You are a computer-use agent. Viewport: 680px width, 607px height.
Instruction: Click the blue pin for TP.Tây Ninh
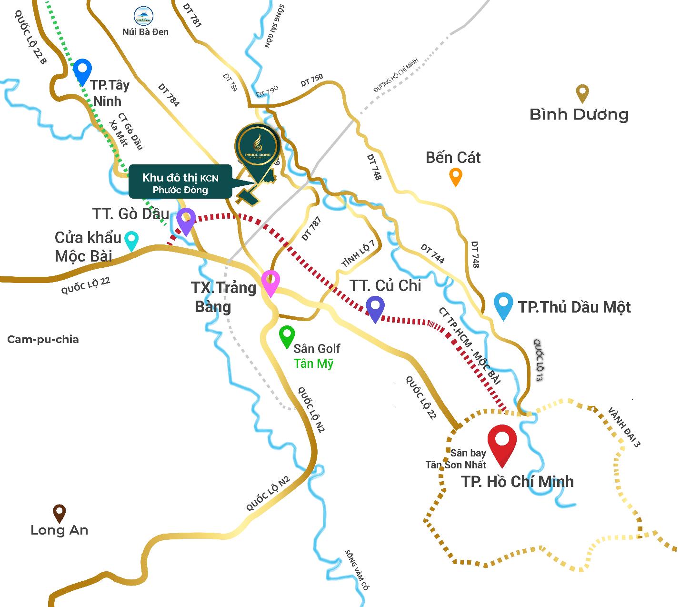point(83,71)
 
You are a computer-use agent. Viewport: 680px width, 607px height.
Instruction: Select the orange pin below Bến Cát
point(456,176)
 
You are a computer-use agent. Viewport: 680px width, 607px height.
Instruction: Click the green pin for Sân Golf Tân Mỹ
point(287,336)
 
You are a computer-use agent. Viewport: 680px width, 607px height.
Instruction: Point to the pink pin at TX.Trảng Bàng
point(270,282)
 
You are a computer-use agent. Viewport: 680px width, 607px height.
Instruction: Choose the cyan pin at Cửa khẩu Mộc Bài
point(131,240)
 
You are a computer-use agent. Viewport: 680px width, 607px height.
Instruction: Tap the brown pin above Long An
point(59,513)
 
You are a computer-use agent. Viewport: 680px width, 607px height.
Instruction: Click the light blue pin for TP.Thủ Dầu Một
point(503,305)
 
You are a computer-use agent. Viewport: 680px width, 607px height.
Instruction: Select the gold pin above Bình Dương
point(582,93)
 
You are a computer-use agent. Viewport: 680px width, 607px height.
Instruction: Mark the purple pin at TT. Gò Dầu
point(186,221)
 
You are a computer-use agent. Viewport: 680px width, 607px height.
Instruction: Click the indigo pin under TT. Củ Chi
point(375,308)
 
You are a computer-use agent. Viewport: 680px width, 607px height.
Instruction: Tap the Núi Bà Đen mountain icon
point(144,15)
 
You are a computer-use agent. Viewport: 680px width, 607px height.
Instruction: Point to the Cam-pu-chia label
point(43,339)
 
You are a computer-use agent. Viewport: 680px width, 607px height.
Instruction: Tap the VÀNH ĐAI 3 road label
point(624,427)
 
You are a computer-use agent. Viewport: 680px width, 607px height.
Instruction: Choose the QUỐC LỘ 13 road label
point(539,360)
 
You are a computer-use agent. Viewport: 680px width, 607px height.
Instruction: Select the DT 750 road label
point(312,81)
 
